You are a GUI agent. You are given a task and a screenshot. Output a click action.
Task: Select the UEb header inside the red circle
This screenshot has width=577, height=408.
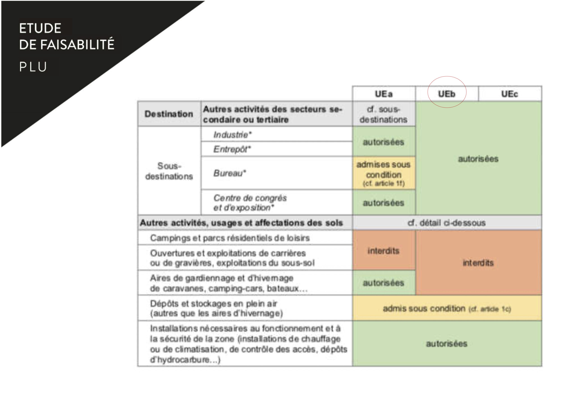click(x=446, y=94)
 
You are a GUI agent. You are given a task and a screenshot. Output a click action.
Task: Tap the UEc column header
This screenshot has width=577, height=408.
click(x=510, y=94)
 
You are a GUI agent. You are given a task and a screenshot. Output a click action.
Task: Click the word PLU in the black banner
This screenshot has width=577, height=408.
click(x=33, y=67)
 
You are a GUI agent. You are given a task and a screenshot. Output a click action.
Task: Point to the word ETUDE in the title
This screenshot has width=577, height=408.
click(x=40, y=28)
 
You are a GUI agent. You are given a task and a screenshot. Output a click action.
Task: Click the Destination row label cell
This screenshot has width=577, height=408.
click(x=169, y=114)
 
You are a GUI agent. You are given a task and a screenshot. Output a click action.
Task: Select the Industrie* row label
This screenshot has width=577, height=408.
click(x=232, y=135)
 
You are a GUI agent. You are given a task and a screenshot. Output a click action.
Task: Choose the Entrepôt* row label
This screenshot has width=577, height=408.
click(x=232, y=149)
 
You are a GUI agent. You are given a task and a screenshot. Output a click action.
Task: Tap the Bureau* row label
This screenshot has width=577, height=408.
click(x=229, y=173)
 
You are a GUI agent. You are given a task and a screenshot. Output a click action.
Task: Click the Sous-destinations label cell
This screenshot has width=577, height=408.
click(x=169, y=171)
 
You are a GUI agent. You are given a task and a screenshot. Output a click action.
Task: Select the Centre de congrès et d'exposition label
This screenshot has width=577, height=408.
click(x=250, y=203)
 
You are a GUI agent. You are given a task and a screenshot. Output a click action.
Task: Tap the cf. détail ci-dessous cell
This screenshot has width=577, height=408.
click(x=446, y=223)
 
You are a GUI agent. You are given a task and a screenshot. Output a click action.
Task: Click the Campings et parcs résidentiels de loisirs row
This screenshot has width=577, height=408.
click(x=230, y=238)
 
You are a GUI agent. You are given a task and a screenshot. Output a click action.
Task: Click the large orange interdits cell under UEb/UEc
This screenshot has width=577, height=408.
click(x=478, y=263)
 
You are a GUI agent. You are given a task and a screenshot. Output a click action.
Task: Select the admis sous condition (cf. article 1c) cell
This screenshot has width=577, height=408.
click(x=446, y=308)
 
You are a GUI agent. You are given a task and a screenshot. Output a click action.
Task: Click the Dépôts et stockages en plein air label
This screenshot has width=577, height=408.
click(x=216, y=308)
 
